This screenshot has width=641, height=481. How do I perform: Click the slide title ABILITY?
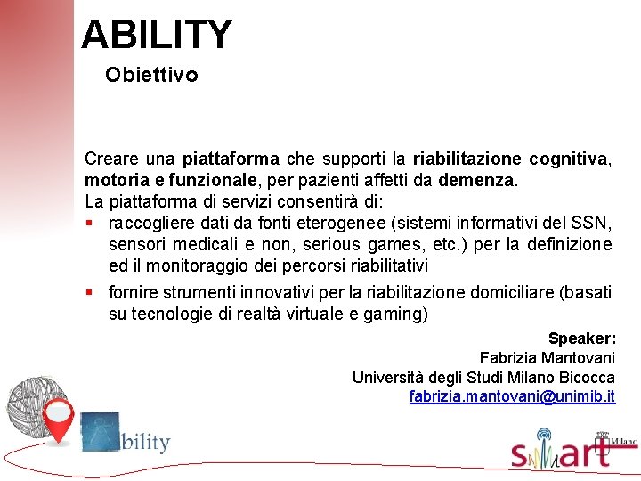tap(156, 35)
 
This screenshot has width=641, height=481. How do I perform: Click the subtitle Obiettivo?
tap(151, 75)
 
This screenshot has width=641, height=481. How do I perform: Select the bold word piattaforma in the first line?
tap(231, 159)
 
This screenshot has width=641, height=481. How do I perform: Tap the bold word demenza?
tap(476, 180)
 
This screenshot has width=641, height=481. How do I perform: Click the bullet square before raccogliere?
tap(90, 223)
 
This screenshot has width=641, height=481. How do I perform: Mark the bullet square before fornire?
tap(90, 292)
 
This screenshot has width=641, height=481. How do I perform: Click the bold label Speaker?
tap(581, 338)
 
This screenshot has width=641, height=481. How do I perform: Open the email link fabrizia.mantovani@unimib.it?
tap(512, 397)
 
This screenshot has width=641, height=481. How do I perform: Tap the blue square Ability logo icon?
tap(99, 431)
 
